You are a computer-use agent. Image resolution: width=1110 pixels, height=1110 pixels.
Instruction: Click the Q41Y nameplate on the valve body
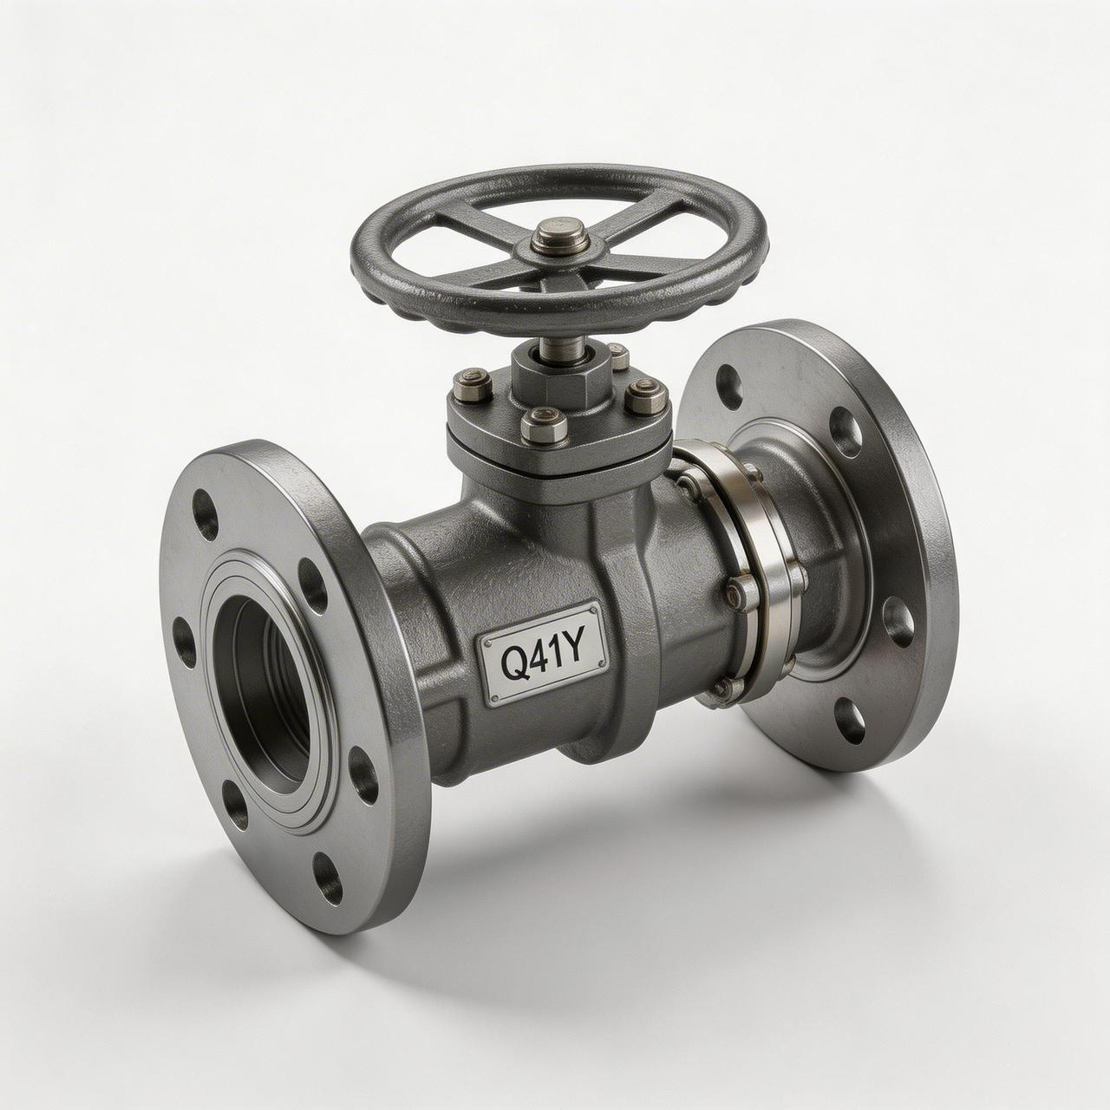coord(544,653)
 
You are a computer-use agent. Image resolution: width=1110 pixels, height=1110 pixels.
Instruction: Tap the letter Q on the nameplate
coord(511,663)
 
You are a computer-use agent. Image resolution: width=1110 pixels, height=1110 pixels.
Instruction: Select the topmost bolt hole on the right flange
coord(729,381)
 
